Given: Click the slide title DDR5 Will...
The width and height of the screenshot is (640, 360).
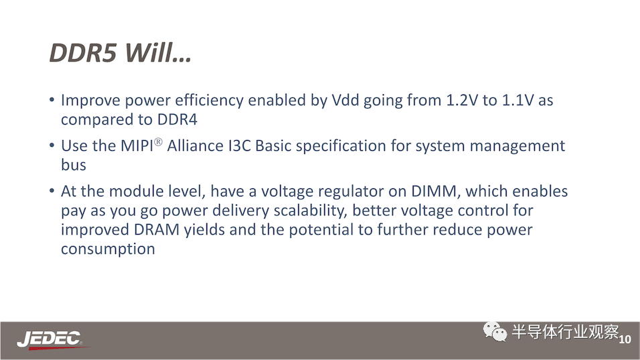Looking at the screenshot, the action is click(x=120, y=53).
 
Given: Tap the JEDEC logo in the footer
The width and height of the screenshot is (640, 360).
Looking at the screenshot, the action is click(x=50, y=340).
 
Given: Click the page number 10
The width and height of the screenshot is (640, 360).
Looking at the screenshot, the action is click(x=625, y=339).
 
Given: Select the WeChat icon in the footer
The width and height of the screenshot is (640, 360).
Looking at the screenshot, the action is click(x=495, y=331).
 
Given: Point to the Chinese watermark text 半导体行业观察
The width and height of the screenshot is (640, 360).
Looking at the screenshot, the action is click(x=566, y=331).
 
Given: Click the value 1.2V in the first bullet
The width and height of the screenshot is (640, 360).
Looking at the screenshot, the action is click(x=462, y=100).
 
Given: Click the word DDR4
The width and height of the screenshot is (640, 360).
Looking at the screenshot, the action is click(x=177, y=119).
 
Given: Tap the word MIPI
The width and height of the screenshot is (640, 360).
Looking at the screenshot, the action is click(x=137, y=145).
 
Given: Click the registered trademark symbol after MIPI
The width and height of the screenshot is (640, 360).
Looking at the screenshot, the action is click(x=158, y=141).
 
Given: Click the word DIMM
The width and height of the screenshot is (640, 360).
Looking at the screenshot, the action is click(x=434, y=191).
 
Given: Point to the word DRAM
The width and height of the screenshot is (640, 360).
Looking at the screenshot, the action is click(x=157, y=229).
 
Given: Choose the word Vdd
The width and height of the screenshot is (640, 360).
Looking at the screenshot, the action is click(x=345, y=100).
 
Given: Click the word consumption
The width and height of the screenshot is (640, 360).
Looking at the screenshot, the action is click(x=108, y=249).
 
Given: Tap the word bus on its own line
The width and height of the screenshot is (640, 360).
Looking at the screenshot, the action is click(x=74, y=165).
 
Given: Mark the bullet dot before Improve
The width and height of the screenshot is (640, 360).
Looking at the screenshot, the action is click(x=52, y=100).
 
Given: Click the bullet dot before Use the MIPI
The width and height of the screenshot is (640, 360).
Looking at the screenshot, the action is click(x=52, y=145).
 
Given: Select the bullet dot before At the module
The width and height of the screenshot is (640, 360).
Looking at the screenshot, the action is click(x=52, y=190).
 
